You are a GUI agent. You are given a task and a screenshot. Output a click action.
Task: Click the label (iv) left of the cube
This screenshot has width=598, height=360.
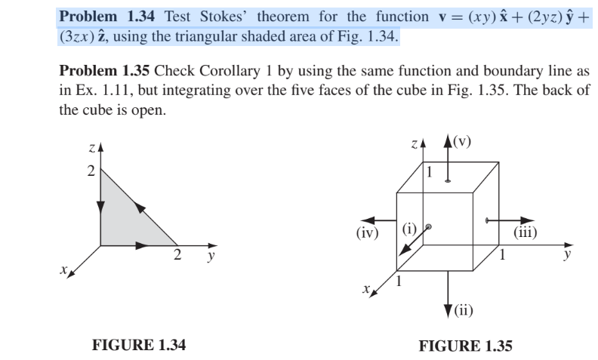(367, 232)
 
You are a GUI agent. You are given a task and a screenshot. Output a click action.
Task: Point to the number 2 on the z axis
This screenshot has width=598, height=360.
(90, 171)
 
